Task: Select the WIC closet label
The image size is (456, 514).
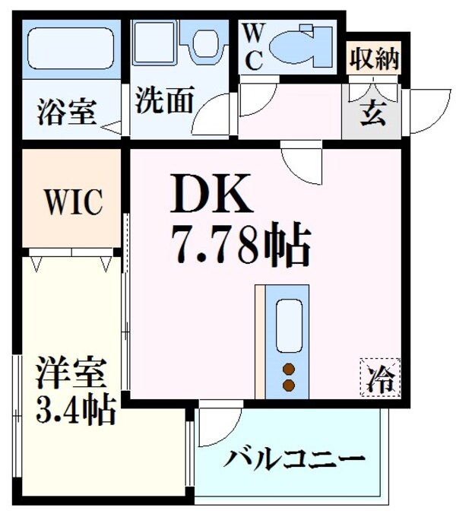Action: tap(72, 202)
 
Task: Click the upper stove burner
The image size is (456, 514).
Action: tap(289, 370)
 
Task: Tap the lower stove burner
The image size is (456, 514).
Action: tap(289, 385)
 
